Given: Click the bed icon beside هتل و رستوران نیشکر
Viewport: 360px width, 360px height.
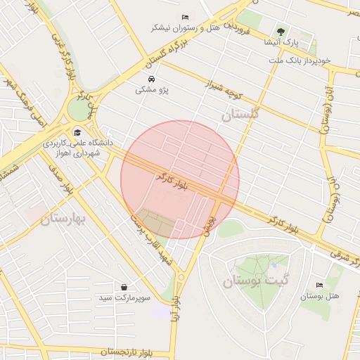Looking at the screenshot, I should coord(185,17).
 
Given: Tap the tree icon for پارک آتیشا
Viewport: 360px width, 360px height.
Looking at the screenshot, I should coord(281,32).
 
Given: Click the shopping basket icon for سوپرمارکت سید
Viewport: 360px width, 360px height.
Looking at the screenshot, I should coord(124,288).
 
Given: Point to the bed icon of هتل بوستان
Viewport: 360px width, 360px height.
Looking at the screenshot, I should coord(321,285).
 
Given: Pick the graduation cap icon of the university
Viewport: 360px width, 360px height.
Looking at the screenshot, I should coord(77,131).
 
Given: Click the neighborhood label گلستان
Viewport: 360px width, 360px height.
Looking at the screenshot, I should coord(240,113).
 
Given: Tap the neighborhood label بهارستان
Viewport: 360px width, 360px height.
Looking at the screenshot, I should coord(63,219).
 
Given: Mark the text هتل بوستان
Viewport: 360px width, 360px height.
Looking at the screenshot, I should coord(320,296).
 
